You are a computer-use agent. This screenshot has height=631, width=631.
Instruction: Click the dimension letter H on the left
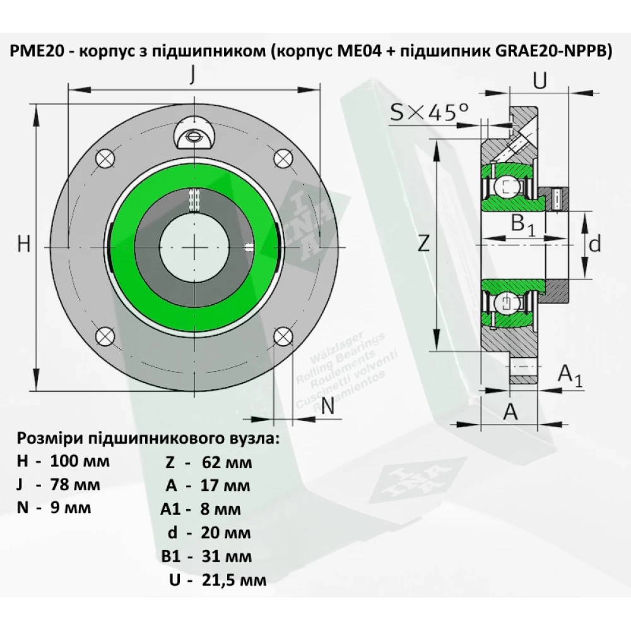tap(23, 244)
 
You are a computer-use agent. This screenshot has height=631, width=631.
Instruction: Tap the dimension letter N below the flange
tap(327, 407)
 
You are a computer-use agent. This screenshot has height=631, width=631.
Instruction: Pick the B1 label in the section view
tap(522, 225)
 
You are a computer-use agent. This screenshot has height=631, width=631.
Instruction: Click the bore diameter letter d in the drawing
tap(594, 244)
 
